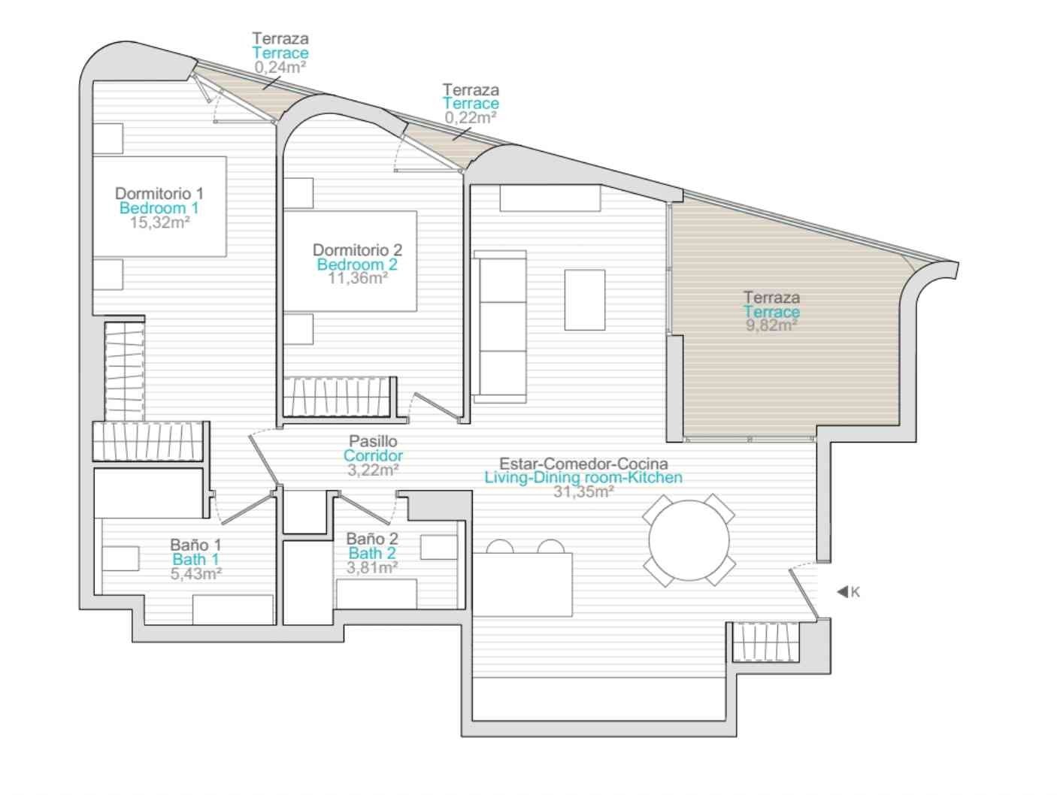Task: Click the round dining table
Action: point(689,540)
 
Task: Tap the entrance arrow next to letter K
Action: point(842,591)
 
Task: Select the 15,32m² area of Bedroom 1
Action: point(159,222)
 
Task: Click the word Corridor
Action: point(373,455)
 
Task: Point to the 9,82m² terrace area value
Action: point(771,325)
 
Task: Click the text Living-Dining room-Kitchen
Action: point(583,477)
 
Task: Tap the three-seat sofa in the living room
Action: point(500,326)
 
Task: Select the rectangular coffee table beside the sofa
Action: point(585,300)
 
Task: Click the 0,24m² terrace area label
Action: point(280,67)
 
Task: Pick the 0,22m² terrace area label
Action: point(470,117)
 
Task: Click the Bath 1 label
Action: point(195,559)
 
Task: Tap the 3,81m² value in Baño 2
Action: point(372,568)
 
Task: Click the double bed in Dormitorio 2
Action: point(350,261)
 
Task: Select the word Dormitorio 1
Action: point(159,193)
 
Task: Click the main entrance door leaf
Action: point(803,594)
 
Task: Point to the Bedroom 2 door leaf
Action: point(435,406)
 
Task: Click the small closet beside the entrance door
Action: point(765,642)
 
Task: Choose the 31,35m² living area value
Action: point(583,491)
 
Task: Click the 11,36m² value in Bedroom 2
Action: point(358,278)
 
